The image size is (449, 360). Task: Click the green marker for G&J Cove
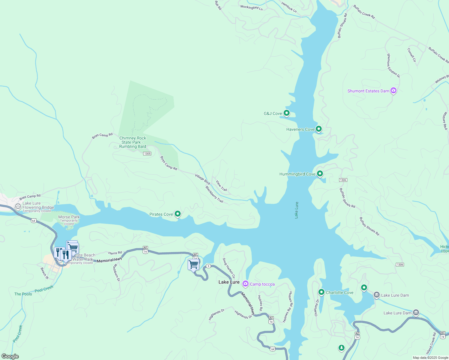(x=287, y=113)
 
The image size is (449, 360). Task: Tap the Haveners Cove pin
(x=319, y=129)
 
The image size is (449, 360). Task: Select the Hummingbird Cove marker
(x=320, y=174)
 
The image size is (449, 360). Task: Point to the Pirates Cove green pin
(x=178, y=214)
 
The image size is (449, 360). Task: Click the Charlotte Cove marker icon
(x=321, y=292)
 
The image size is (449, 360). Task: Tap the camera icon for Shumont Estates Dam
(x=393, y=91)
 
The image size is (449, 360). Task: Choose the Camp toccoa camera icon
(x=246, y=284)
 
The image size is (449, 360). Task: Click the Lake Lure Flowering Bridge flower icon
(x=18, y=206)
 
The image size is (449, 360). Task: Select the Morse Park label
(x=69, y=217)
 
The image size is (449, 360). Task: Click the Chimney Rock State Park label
(x=133, y=142)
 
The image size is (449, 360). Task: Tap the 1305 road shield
(x=147, y=154)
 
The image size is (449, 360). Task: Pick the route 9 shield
(x=208, y=266)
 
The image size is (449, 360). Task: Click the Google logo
(x=10, y=356)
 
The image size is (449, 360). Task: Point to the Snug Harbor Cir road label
(x=229, y=268)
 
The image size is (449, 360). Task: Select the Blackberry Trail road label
(x=214, y=194)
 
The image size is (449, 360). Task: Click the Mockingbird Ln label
(x=252, y=7)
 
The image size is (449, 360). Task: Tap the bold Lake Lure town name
(x=229, y=282)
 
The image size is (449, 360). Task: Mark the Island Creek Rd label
(x=431, y=343)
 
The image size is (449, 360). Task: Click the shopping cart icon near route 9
(x=194, y=265)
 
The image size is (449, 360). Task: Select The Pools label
(x=23, y=294)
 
